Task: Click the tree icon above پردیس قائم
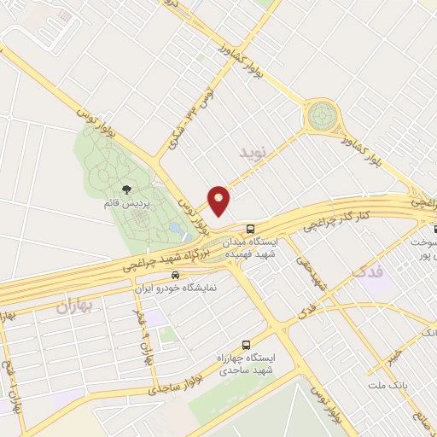(126, 190)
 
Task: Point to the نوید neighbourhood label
(253, 154)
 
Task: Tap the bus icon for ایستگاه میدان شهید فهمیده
(249, 229)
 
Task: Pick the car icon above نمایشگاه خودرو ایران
(175, 275)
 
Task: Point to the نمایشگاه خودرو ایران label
(178, 288)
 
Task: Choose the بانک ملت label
(387, 384)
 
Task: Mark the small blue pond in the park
(175, 228)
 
